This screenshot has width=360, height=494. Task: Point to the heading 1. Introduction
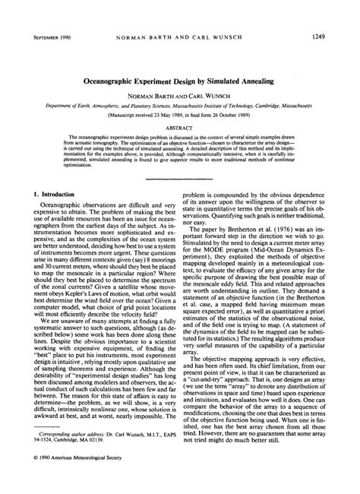[x=44, y=195]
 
